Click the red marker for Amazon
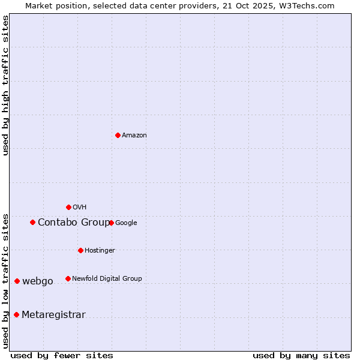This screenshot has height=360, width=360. (x=118, y=135)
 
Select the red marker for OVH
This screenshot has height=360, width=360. (x=68, y=207)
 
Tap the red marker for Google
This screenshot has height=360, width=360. (x=111, y=223)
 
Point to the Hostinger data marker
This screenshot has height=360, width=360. (x=80, y=250)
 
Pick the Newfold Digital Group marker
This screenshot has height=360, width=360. (x=68, y=278)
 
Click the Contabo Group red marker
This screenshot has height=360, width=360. (x=32, y=222)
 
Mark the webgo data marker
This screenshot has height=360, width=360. (x=17, y=281)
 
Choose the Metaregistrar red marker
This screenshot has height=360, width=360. (x=16, y=314)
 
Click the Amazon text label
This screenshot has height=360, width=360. (x=134, y=136)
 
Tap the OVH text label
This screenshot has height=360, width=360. (x=80, y=208)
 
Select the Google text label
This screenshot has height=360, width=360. (x=126, y=223)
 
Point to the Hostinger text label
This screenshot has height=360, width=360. (x=100, y=251)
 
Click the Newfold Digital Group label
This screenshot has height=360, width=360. (x=107, y=279)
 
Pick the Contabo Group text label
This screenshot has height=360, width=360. (x=74, y=223)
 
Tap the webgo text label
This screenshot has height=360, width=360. (x=38, y=281)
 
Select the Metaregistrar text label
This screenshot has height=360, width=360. (x=53, y=315)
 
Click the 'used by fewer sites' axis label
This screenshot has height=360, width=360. (x=62, y=355)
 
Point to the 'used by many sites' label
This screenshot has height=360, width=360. (x=301, y=355)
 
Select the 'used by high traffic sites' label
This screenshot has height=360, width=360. (x=6, y=85)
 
